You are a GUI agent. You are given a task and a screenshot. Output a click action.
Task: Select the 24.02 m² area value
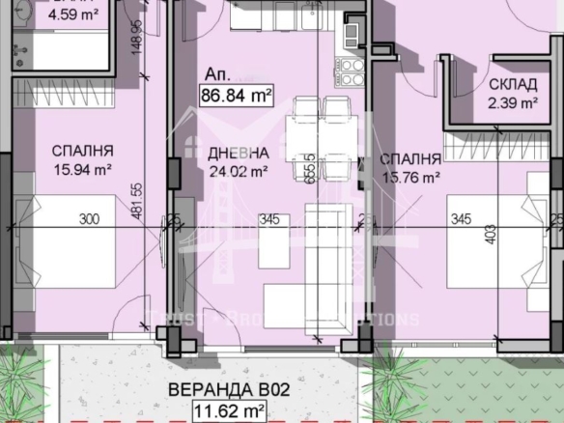click(x=237, y=172)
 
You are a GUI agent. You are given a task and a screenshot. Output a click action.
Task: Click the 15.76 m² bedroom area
click(x=409, y=177)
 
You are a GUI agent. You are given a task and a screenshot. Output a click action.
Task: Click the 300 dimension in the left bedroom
click(x=90, y=220)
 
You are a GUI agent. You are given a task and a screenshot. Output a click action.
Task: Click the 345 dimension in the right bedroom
click(x=461, y=220)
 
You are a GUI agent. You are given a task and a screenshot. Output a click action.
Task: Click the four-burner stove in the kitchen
click(x=350, y=70)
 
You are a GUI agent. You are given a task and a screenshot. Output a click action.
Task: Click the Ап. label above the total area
click(x=215, y=73)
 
